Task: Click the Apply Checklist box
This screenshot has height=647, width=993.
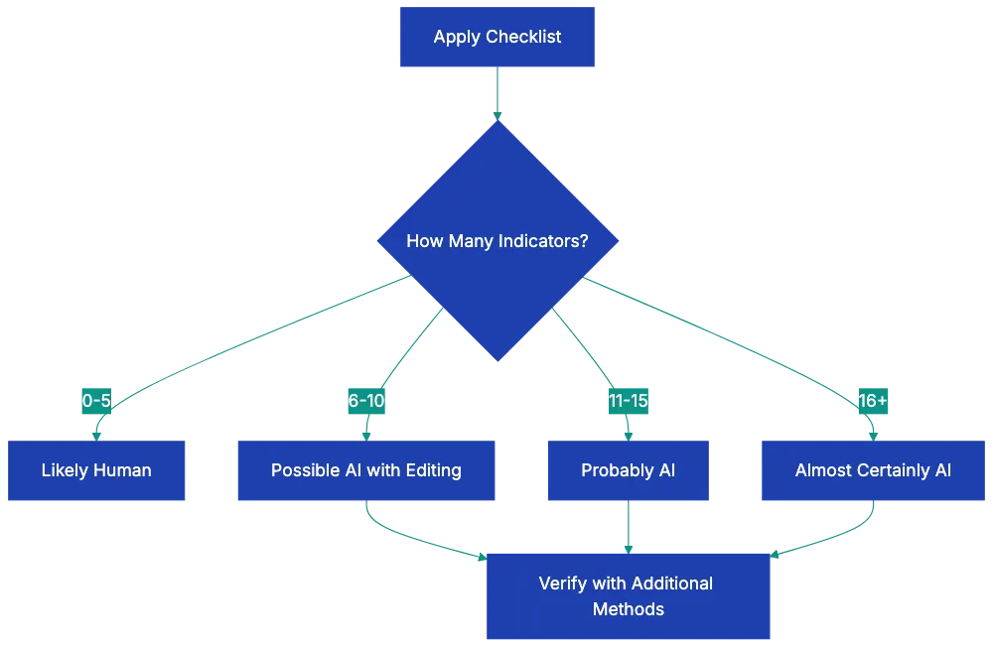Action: coord(496,38)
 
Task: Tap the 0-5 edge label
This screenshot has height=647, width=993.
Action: coord(96,401)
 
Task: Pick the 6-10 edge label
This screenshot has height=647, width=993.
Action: coord(366,401)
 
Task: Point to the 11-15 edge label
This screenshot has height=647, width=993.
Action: coord(628,401)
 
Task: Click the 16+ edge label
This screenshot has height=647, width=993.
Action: coord(873,401)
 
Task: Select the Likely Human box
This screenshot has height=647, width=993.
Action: coord(96,470)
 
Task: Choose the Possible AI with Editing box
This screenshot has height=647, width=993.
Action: coord(366,470)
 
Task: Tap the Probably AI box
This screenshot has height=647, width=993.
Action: coord(628,470)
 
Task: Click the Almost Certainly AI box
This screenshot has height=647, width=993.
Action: coord(873,470)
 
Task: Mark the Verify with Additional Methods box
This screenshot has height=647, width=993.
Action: coord(628,595)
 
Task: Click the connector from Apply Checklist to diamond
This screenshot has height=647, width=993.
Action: coord(496,94)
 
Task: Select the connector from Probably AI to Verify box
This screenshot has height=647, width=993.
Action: coord(628,527)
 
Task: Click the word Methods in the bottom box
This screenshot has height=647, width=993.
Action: coord(628,609)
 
